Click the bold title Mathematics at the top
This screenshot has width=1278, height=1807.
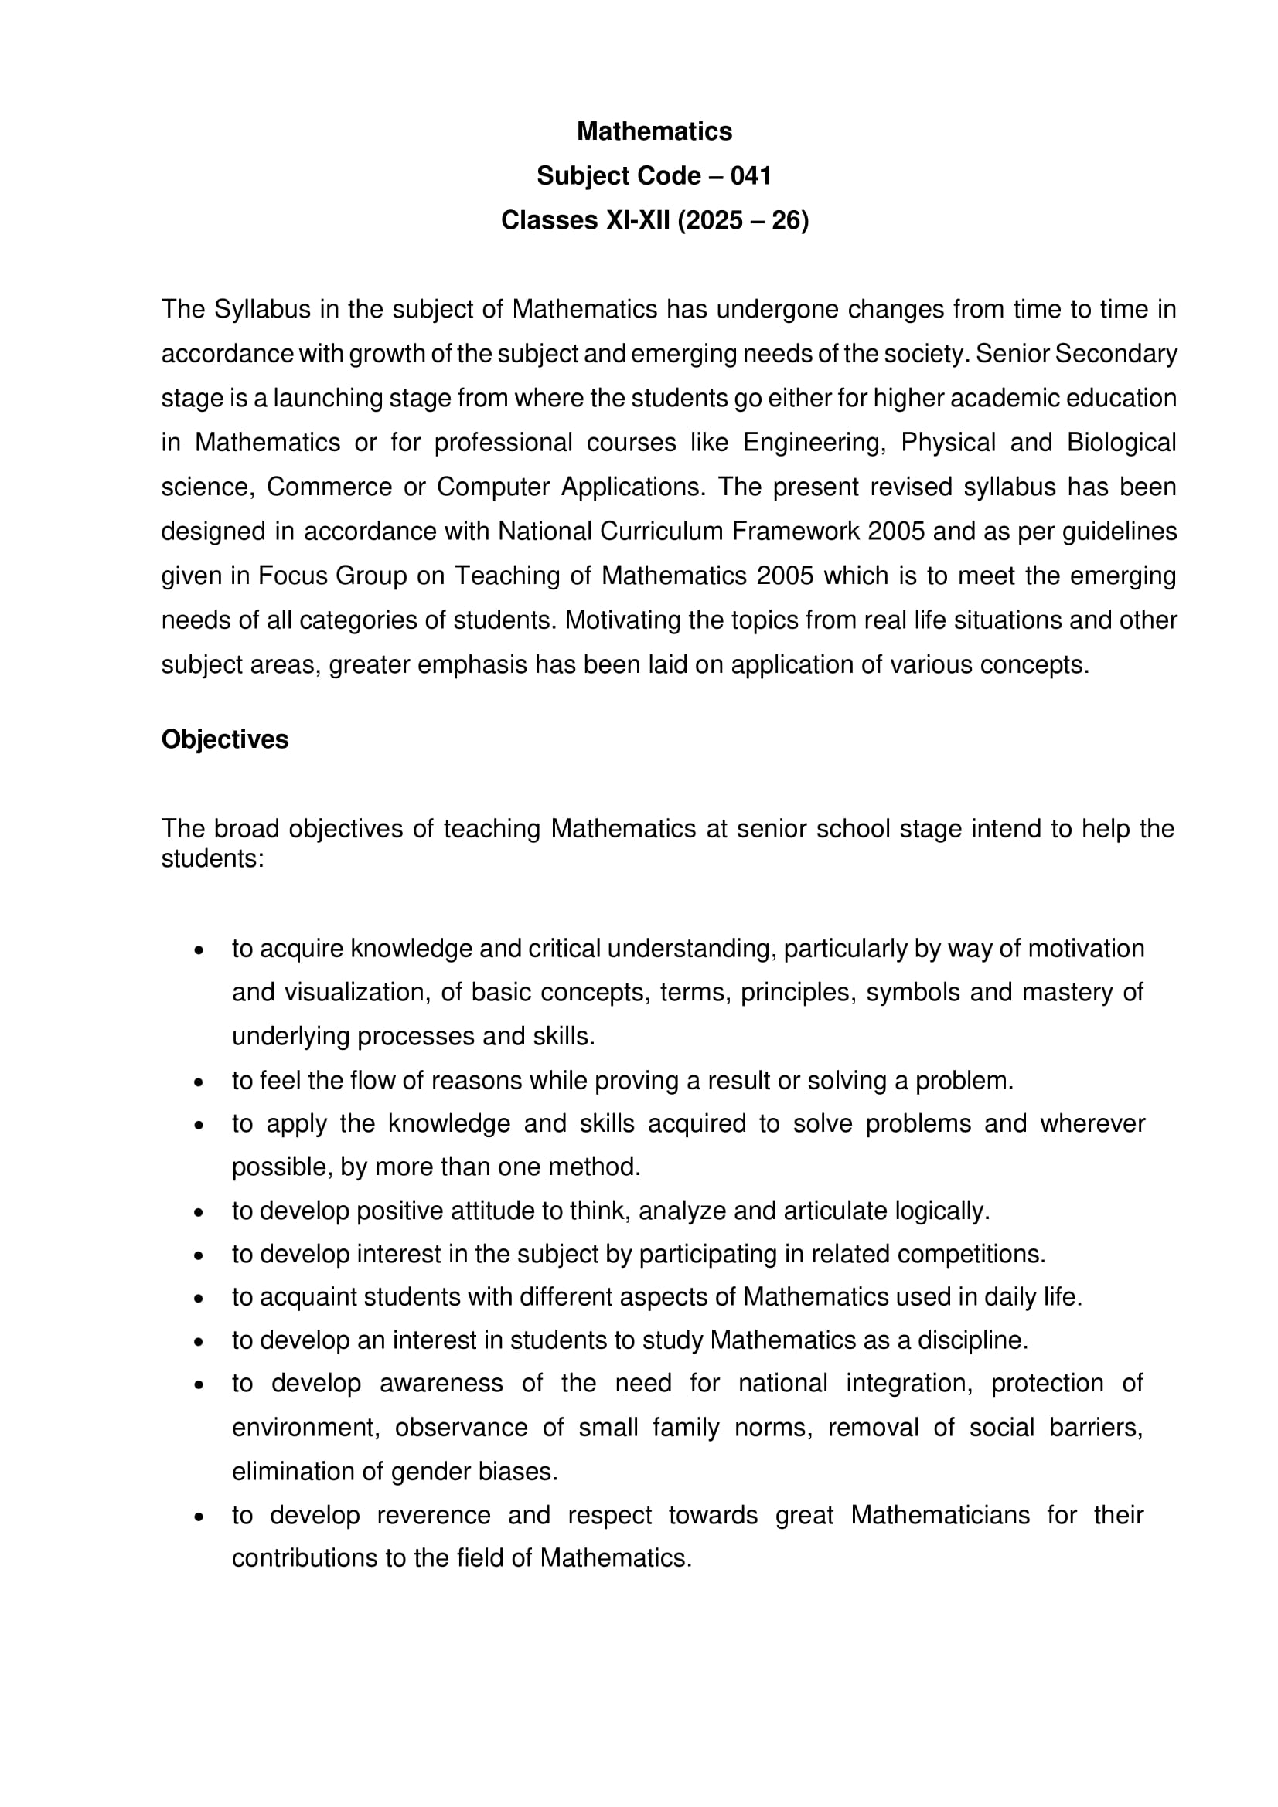tap(653, 131)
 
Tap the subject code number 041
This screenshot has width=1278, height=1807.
tap(751, 176)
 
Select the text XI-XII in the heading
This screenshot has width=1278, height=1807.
tap(637, 220)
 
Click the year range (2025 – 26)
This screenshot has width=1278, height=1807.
tap(742, 220)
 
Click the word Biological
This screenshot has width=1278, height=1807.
tap(1121, 443)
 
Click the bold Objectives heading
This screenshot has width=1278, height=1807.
tap(225, 740)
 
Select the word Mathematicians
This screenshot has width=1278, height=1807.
tap(939, 1515)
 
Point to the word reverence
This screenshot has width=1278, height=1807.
tap(433, 1515)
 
